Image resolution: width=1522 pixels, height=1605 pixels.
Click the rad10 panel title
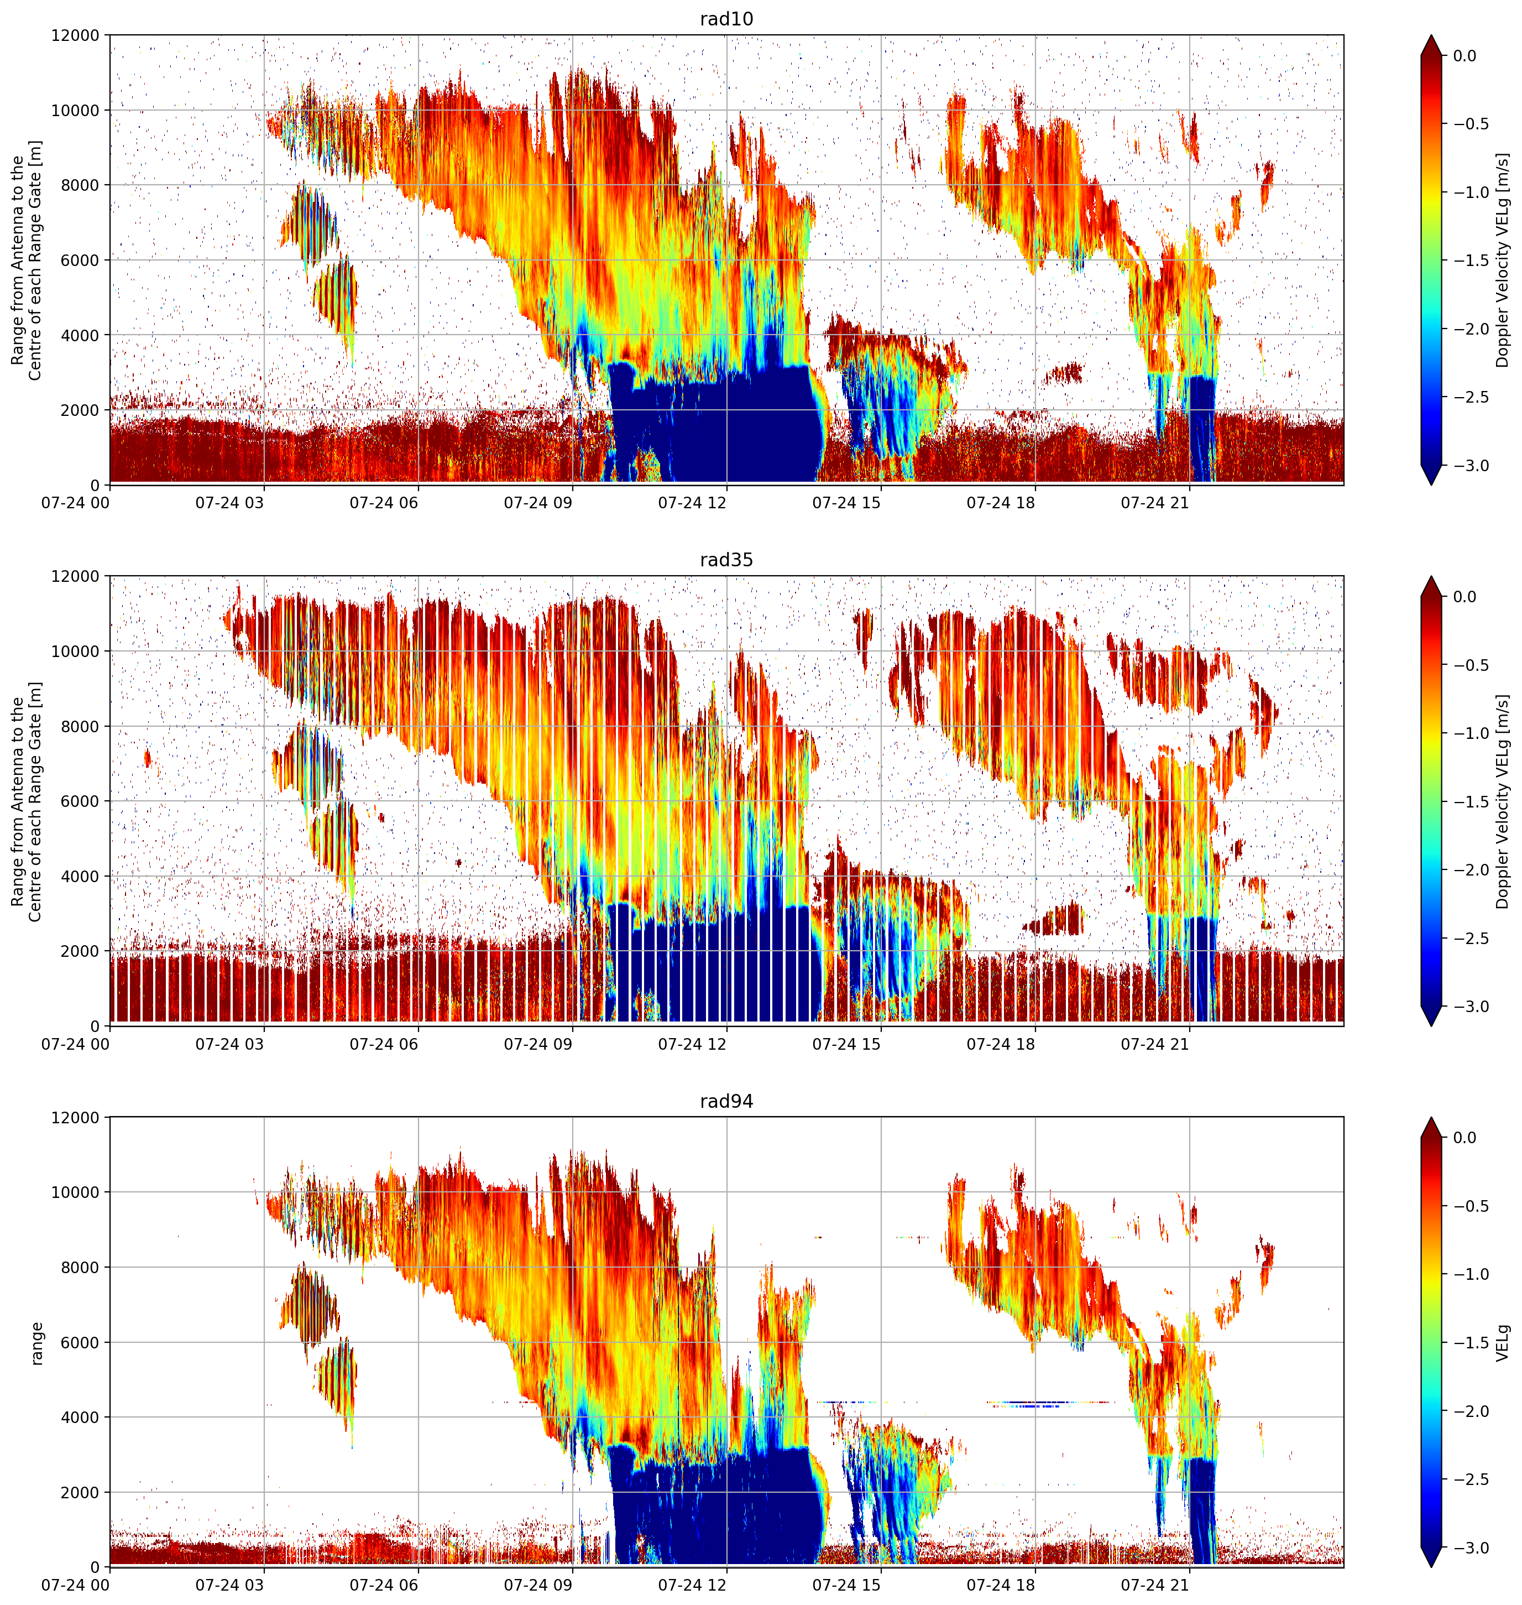(726, 19)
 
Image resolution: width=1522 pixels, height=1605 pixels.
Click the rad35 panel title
(726, 560)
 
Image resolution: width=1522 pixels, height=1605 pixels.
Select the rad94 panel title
(726, 1101)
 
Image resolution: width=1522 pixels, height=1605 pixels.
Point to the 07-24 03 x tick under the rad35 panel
(229, 1044)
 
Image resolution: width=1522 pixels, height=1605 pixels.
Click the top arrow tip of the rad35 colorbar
(1431, 577)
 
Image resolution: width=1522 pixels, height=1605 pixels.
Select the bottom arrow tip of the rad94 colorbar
(1431, 1567)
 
